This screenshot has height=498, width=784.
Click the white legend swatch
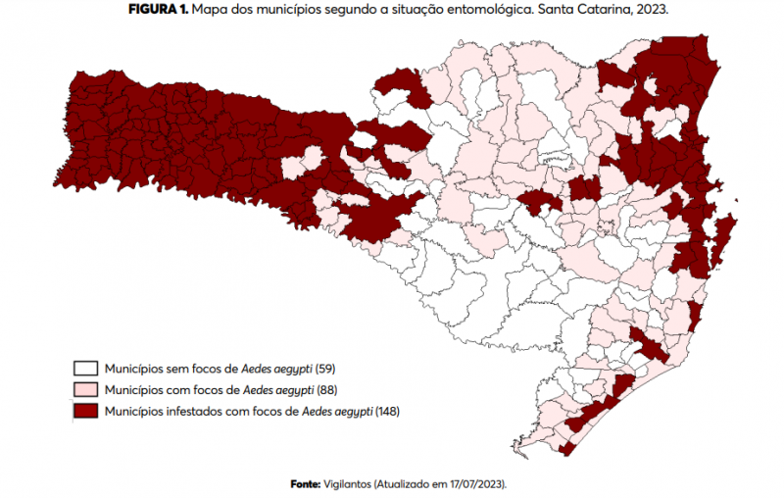[x=84, y=369]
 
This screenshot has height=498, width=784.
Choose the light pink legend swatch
[x=84, y=390]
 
